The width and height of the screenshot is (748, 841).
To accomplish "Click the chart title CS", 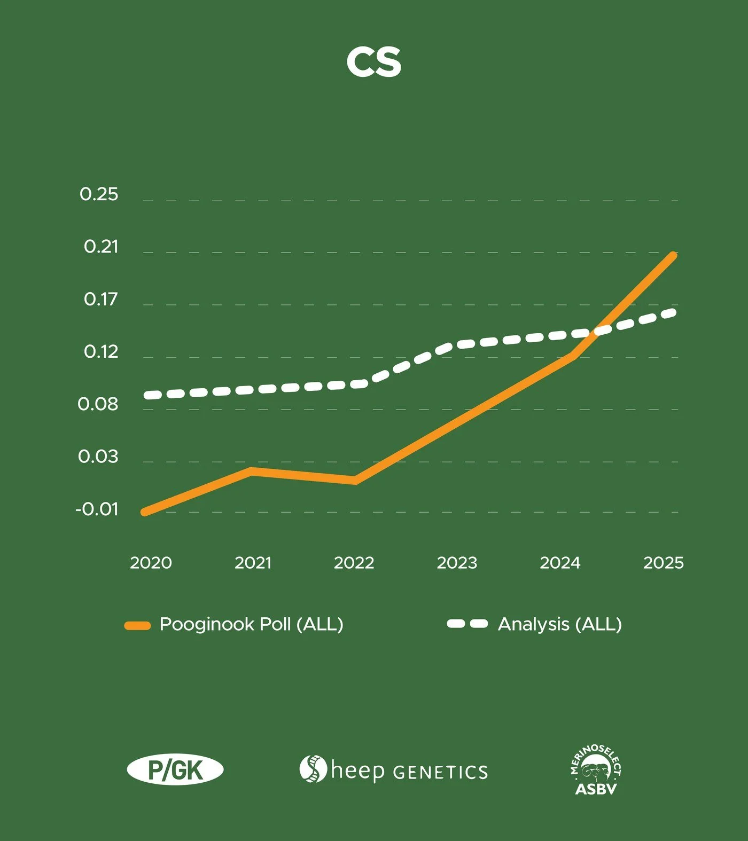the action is coord(373,62).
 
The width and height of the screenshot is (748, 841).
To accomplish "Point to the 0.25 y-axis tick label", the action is coord(99,194).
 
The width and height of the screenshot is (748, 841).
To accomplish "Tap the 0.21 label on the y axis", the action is coord(101,246).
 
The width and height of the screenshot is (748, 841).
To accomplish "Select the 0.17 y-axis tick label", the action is coord(100,299).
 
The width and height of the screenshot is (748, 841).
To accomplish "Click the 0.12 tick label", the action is coord(101,351).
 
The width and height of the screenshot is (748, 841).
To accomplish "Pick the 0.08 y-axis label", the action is coord(98,404).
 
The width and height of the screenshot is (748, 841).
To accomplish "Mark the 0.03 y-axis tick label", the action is coord(98,456).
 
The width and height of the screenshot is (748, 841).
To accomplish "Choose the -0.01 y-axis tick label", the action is coord(97,509).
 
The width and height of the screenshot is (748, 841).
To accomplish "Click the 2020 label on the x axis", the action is coord(151,562).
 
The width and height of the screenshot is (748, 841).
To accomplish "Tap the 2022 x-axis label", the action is coord(354,562).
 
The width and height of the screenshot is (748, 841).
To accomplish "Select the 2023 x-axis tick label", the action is coord(457,562).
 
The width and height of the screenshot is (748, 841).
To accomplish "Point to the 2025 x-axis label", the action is coord(664,562).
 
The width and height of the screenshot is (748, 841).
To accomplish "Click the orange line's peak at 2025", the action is coord(673,255).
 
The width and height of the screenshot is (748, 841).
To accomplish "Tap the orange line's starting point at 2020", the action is coord(145,512).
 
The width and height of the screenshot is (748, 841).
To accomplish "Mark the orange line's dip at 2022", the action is coord(354,481).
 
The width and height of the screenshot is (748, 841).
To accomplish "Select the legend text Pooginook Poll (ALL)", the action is coord(251,624).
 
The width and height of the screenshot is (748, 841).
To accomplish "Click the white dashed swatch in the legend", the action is coord(467,624).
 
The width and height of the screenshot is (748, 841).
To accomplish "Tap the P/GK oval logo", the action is coord(175,770).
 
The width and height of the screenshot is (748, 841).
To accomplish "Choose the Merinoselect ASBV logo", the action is coord(596,771).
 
